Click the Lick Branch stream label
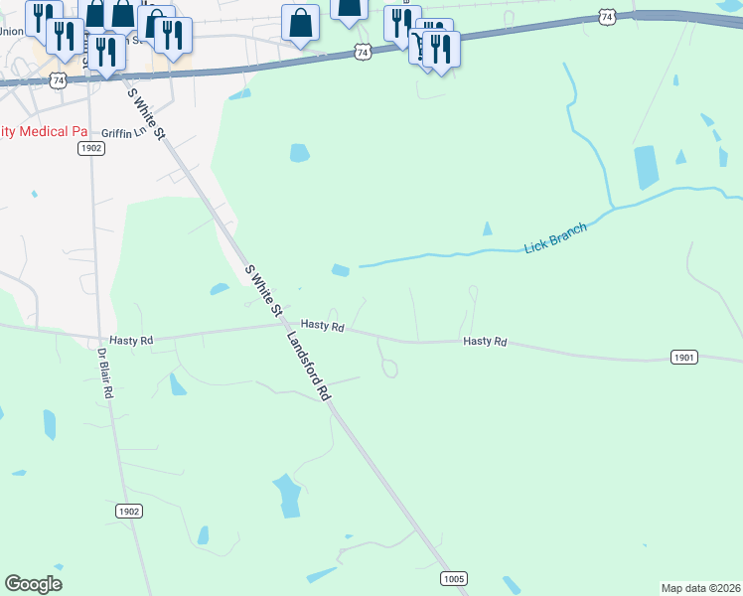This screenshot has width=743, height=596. point(555,237)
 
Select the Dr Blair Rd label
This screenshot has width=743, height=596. point(105,372)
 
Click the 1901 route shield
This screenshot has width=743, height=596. point(684,357)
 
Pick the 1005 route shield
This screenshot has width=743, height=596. point(453,577)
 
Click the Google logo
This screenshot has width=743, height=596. point(33,584)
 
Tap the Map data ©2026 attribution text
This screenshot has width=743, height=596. point(701,588)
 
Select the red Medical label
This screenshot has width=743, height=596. point(45,131)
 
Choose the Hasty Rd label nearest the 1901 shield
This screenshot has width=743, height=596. point(485,342)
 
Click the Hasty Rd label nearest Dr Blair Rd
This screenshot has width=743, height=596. point(131,340)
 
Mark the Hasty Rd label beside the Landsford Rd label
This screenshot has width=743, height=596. point(322,325)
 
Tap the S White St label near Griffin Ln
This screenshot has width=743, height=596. point(145,112)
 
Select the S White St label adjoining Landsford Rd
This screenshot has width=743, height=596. point(264,291)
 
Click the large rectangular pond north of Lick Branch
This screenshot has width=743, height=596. point(646,167)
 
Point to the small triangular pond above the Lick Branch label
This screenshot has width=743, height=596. point(487,228)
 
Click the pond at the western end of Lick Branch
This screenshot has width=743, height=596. point(340,270)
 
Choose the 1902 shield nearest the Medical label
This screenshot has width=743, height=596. point(90,148)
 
